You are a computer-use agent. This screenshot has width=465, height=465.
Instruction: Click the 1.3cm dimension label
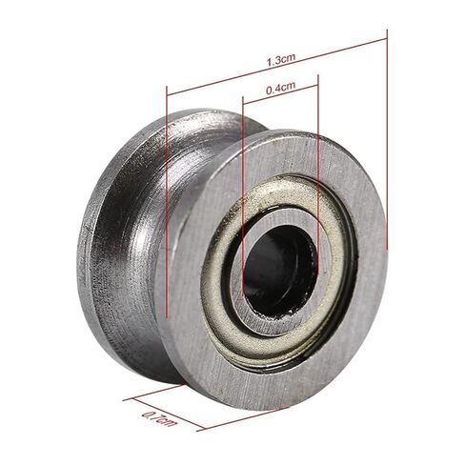281,60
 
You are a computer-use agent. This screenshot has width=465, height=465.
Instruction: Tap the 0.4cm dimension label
280,89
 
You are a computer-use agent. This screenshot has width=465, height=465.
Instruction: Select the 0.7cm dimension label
158,418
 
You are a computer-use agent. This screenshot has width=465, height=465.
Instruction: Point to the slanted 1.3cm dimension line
277,67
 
